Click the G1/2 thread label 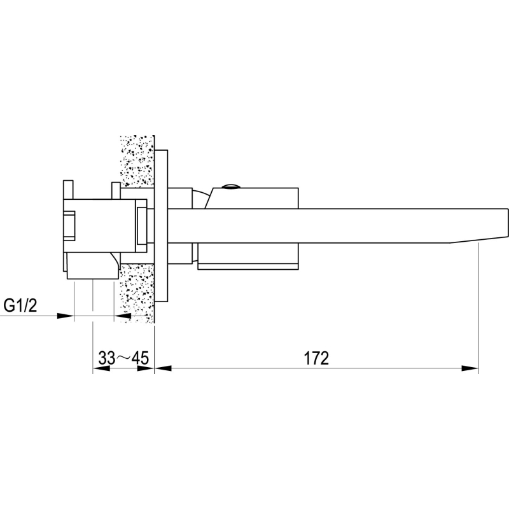coord(20,305)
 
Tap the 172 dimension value coord(316,358)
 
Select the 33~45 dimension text coord(123,358)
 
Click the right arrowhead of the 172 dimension coord(470,368)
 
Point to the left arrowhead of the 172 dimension coord(163,368)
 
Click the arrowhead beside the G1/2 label coord(66,316)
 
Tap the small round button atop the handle coord(231,186)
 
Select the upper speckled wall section coord(137,162)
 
